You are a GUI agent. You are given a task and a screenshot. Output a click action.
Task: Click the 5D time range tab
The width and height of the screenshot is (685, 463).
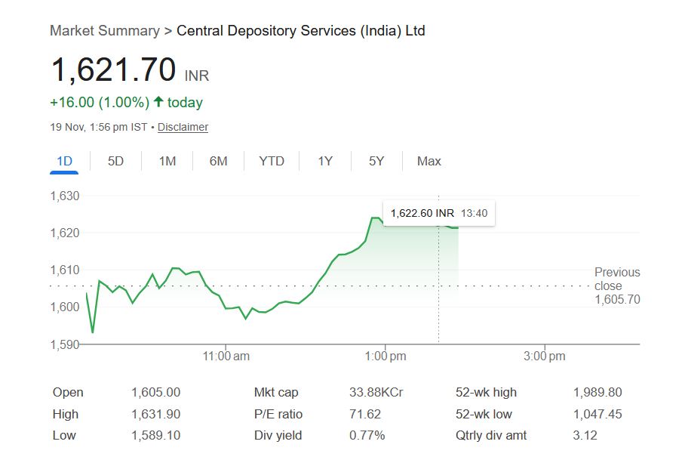[x=115, y=161]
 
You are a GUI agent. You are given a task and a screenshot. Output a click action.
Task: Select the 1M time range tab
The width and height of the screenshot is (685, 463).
[x=167, y=161]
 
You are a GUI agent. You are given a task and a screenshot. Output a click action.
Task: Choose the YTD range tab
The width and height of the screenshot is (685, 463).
[x=272, y=161]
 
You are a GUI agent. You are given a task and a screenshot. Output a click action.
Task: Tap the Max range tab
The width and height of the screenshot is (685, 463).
[x=429, y=161]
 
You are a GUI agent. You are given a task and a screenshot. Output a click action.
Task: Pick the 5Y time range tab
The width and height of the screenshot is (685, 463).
[x=376, y=161]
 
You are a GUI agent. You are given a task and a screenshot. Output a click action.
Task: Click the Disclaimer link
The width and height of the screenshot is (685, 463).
[x=183, y=127]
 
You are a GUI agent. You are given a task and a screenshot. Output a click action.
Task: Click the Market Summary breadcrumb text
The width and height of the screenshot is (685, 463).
[x=104, y=31]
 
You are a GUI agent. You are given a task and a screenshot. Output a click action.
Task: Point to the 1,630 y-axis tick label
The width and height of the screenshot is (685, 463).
[x=65, y=196]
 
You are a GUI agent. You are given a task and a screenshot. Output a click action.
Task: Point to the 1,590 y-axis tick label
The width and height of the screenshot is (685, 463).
[x=65, y=344]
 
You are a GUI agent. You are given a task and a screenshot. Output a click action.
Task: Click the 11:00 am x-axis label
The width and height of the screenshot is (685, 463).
[x=227, y=357]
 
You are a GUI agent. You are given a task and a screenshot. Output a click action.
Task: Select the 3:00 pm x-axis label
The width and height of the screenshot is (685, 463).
[x=545, y=357]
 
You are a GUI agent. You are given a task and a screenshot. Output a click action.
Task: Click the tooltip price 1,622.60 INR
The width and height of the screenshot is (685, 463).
[x=422, y=213]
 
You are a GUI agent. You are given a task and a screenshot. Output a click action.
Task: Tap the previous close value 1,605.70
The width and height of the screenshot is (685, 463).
[x=617, y=300]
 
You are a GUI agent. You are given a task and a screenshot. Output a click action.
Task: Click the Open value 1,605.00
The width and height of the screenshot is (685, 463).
[x=155, y=392]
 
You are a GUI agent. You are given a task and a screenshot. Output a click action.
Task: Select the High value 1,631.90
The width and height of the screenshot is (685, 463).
[x=155, y=414]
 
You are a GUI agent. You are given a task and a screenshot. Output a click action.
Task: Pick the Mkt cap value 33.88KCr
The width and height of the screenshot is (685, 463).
[x=376, y=392]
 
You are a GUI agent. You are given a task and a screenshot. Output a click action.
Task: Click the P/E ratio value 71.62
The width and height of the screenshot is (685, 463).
[x=365, y=414]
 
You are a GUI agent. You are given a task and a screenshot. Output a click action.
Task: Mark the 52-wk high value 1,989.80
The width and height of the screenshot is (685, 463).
[x=597, y=392]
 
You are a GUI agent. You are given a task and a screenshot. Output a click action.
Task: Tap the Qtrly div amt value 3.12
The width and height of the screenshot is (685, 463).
[x=585, y=435]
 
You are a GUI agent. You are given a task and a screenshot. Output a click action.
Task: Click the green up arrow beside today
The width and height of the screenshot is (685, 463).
[x=158, y=102]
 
